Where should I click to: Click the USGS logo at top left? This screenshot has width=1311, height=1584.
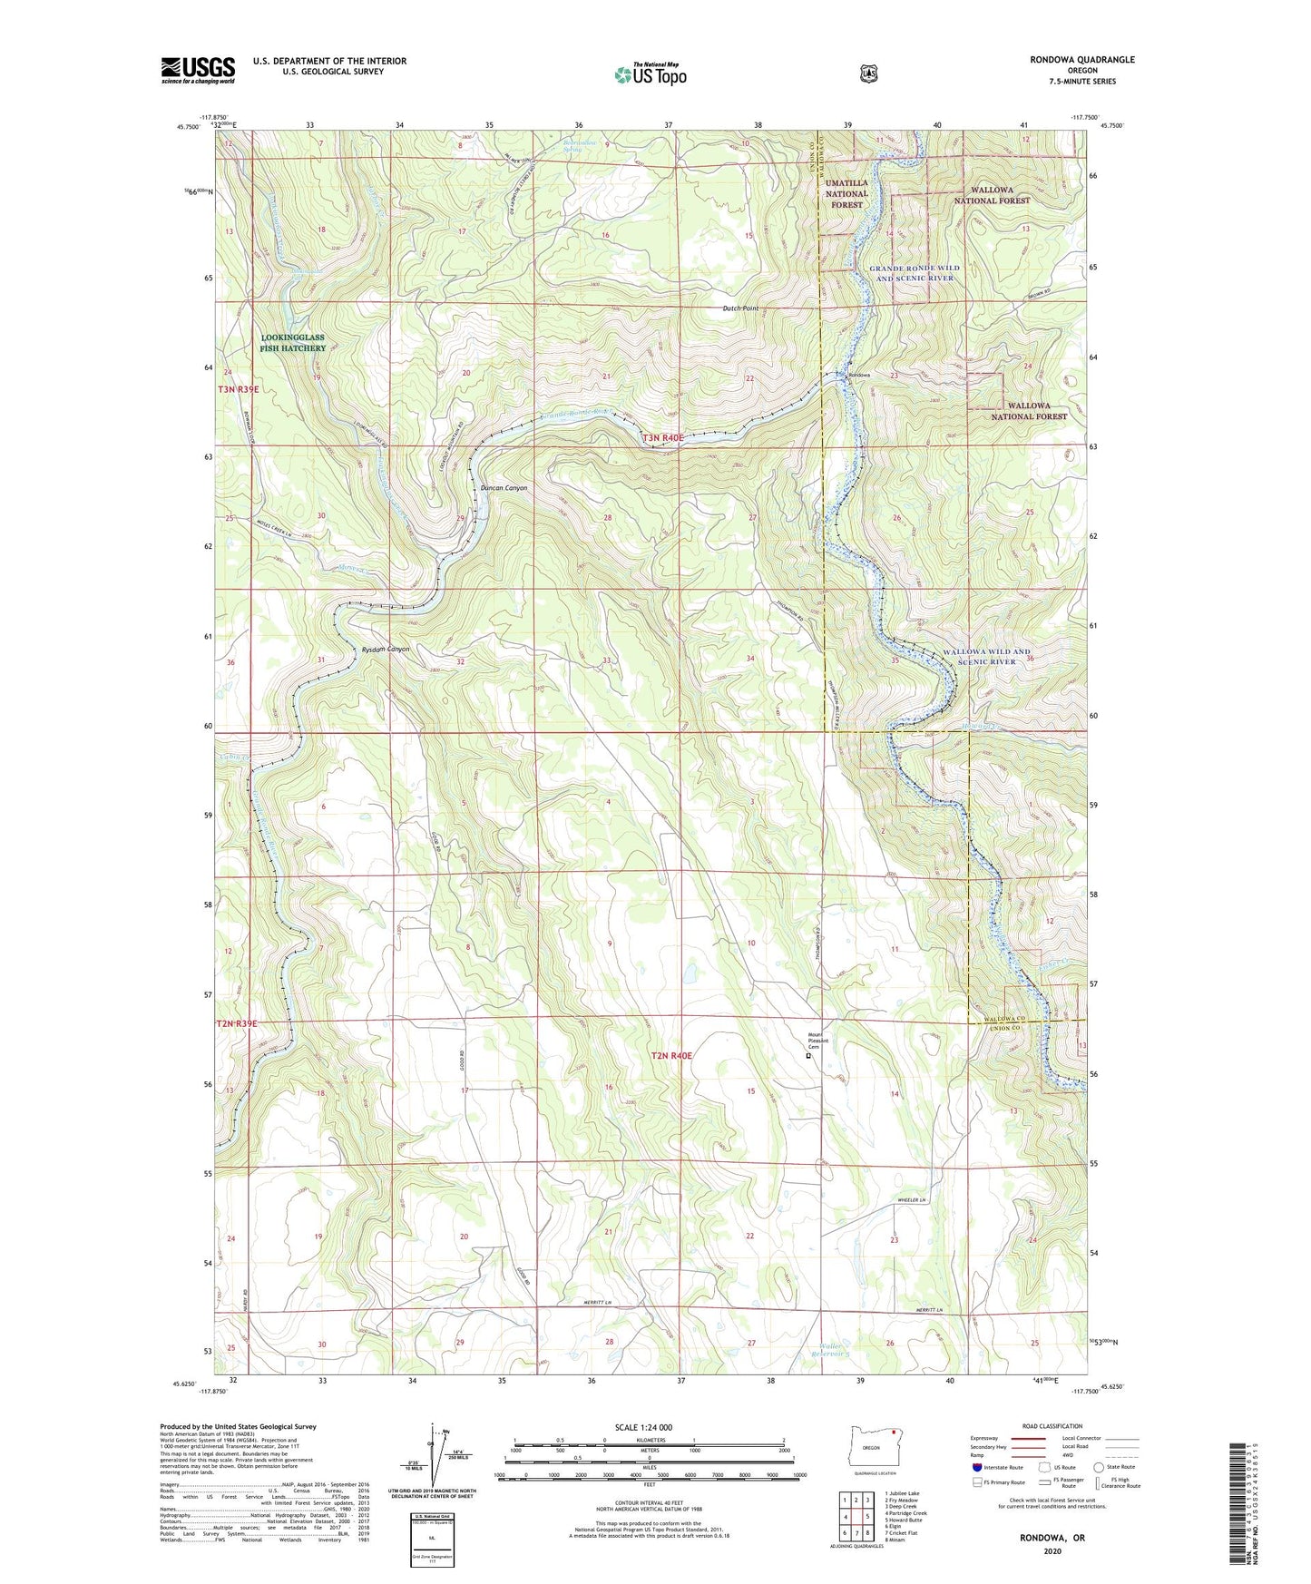click(198, 70)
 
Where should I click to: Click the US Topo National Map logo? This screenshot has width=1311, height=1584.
click(650, 73)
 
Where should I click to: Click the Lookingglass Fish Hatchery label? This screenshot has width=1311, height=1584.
click(293, 343)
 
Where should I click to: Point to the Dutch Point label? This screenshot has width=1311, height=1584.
click(740, 308)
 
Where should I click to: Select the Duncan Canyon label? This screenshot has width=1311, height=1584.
click(504, 488)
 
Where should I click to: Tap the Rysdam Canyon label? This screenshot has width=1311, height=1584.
click(386, 650)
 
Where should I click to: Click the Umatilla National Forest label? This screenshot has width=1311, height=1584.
click(846, 193)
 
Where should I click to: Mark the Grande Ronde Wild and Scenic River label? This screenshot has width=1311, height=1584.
click(915, 273)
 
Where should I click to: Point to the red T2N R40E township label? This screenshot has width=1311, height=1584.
click(671, 1056)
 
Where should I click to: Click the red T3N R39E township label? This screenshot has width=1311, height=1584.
click(238, 389)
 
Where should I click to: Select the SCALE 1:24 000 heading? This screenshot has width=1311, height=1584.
click(643, 1427)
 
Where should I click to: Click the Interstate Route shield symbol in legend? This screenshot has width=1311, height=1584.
click(976, 1467)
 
